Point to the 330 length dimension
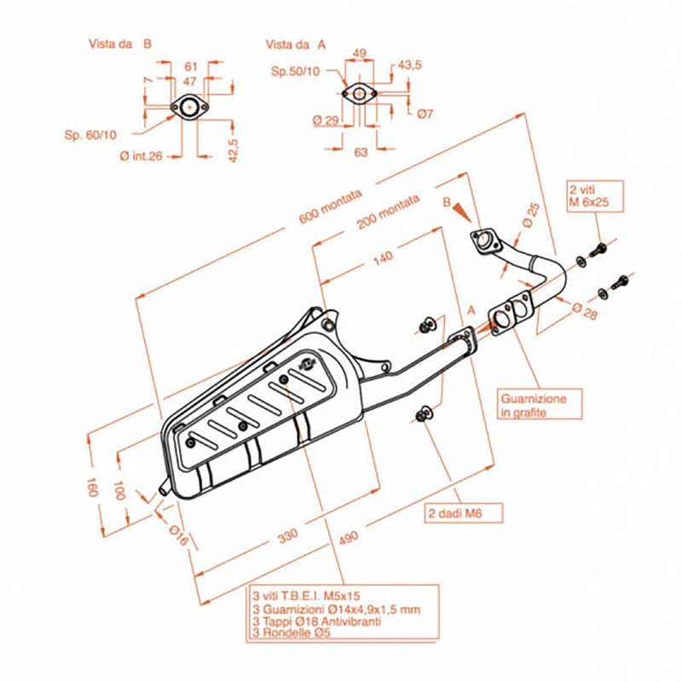pyautogui.click(x=288, y=535)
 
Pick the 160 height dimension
pyautogui.click(x=91, y=488)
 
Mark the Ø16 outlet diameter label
pyautogui.click(x=176, y=535)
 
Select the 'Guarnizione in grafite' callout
pyautogui.click(x=534, y=405)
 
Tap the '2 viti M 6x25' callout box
pyautogui.click(x=595, y=195)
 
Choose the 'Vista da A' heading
pyautogui.click(x=296, y=43)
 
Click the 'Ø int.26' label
pyautogui.click(x=141, y=155)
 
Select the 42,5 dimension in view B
pyautogui.click(x=233, y=142)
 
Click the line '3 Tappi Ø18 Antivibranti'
pyautogui.click(x=315, y=621)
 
